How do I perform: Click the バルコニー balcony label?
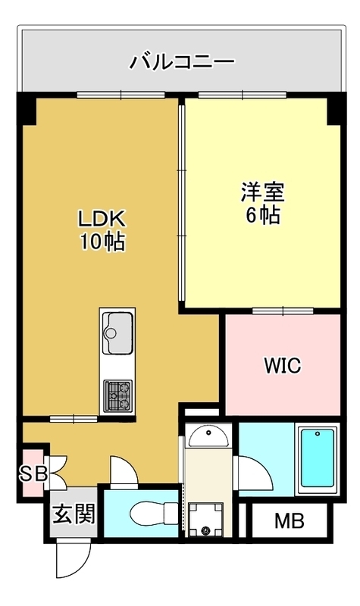pyautogui.click(x=182, y=62)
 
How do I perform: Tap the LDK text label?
pyautogui.click(x=102, y=219)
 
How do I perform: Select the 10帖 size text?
pyautogui.click(x=102, y=242)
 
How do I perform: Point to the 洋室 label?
pyautogui.click(x=263, y=192)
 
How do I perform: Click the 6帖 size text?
pyautogui.click(x=263, y=215)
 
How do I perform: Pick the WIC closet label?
pyautogui.click(x=283, y=365)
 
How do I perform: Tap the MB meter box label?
pyautogui.click(x=290, y=520)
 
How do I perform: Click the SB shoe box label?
pyautogui.click(x=33, y=473)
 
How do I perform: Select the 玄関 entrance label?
pyautogui.click(x=74, y=514)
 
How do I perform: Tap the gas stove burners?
pyautogui.click(x=118, y=395)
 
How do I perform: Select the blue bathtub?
pyautogui.click(x=317, y=458)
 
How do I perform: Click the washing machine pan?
pyautogui.click(x=205, y=520)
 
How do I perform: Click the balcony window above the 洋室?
pyautogui.click(x=243, y=94)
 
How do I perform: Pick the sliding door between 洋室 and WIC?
pyautogui.click(x=283, y=311)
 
